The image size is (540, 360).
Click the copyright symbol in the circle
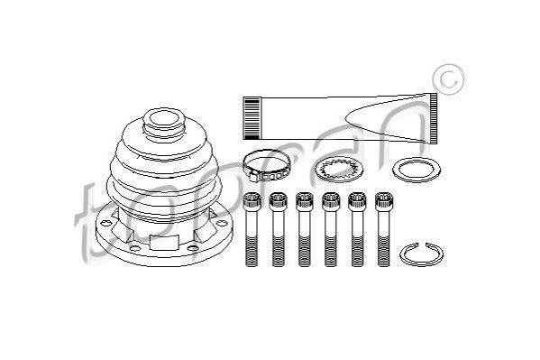coord(448,79)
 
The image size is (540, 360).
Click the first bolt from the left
coord(252,229)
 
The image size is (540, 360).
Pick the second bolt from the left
coord(279,229)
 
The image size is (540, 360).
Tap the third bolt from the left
coord(305,229)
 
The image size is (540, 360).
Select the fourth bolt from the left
coord(331,229)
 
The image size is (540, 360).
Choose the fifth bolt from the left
coord(357,229)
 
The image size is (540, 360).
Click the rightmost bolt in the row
coord(384,229)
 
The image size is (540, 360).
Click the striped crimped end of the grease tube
coord(252,118)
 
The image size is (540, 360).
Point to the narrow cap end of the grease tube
coord(434,118)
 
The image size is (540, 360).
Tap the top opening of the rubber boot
coord(164,117)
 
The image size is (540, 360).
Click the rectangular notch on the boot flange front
coord(165,242)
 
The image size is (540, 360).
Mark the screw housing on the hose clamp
coord(254,176)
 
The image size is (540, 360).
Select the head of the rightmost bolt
coord(384,201)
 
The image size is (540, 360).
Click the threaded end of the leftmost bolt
coord(252,251)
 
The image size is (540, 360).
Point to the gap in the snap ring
coord(422,245)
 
